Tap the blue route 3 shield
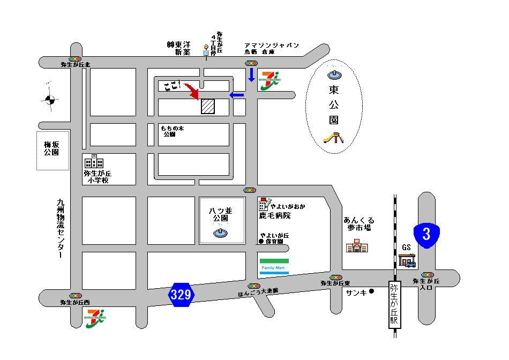(x=426, y=235)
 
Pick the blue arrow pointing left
(x=237, y=95)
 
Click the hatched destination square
(x=208, y=106)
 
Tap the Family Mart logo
(x=274, y=267)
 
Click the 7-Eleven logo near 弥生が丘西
(x=95, y=318)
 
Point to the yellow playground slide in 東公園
(x=333, y=138)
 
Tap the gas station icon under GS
(x=407, y=260)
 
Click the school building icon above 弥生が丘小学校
(x=93, y=162)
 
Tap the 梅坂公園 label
(x=53, y=148)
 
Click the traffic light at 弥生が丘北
(x=75, y=58)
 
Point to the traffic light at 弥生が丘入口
(x=428, y=275)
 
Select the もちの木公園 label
(x=171, y=131)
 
